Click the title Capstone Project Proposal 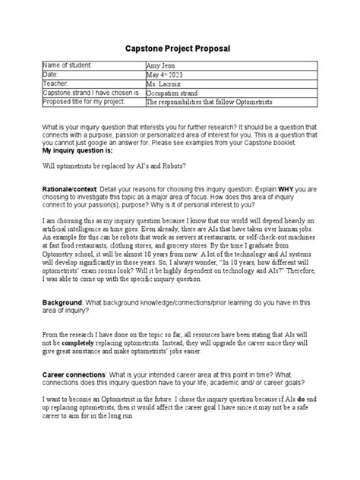pyautogui.click(x=179, y=48)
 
